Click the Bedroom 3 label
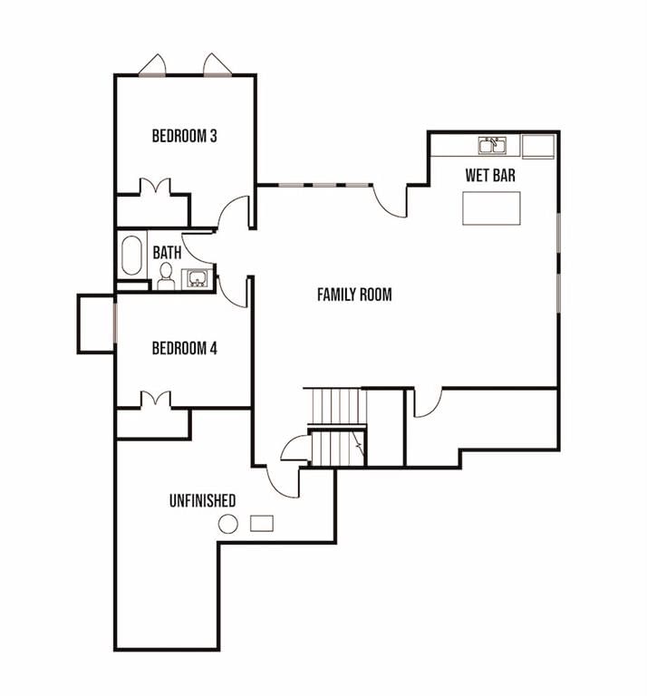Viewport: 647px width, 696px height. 185,136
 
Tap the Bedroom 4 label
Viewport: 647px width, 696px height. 185,348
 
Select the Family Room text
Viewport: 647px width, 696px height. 354,295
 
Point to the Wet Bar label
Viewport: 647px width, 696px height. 490,175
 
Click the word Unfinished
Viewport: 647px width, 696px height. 202,500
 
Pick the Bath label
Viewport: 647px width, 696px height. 167,253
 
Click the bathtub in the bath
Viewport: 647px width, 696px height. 131,256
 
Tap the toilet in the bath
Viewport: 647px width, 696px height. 166,276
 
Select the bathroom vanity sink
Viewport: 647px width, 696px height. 197,278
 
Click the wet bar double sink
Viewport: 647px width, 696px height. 492,146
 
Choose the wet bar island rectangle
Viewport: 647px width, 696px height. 492,208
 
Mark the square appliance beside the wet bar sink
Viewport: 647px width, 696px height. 538,147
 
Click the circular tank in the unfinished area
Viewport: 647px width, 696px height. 228,524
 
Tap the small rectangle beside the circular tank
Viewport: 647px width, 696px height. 262,523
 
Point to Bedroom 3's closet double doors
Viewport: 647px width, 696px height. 155,187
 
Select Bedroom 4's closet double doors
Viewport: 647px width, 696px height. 155,399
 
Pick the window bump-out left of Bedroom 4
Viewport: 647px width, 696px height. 96,324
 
